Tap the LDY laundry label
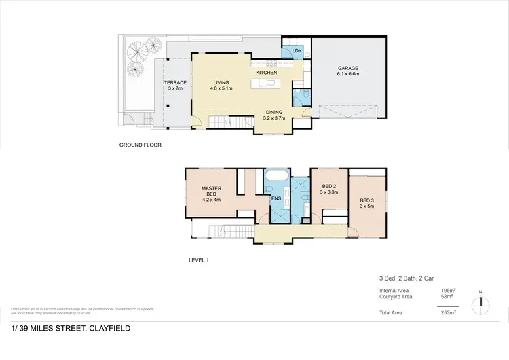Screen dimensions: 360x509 click(297, 51)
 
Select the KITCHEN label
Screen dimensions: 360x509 click(267, 72)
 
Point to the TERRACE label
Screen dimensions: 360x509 click(176, 83)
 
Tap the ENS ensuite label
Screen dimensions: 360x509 click(276, 199)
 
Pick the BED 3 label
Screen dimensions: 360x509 click(366, 200)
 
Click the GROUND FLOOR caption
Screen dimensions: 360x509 click(140, 145)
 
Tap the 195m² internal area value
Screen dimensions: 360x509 click(449, 291)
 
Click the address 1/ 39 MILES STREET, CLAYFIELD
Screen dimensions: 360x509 click(71, 329)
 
